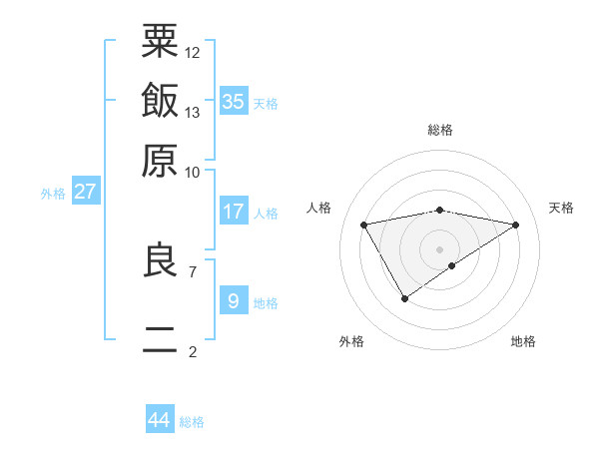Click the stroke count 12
tap(193, 52)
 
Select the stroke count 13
tap(193, 112)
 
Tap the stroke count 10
tap(193, 172)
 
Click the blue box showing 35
tap(233, 101)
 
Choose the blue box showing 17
tap(233, 212)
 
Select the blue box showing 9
tap(233, 300)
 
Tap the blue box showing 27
tap(85, 192)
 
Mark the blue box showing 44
tap(159, 420)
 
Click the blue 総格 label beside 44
tap(192, 422)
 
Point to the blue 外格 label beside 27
tap(53, 194)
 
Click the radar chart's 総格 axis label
tap(440, 130)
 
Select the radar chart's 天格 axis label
tap(561, 208)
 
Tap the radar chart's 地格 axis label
tap(523, 342)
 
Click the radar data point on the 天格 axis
tap(515, 225)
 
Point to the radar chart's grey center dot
tap(439, 248)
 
